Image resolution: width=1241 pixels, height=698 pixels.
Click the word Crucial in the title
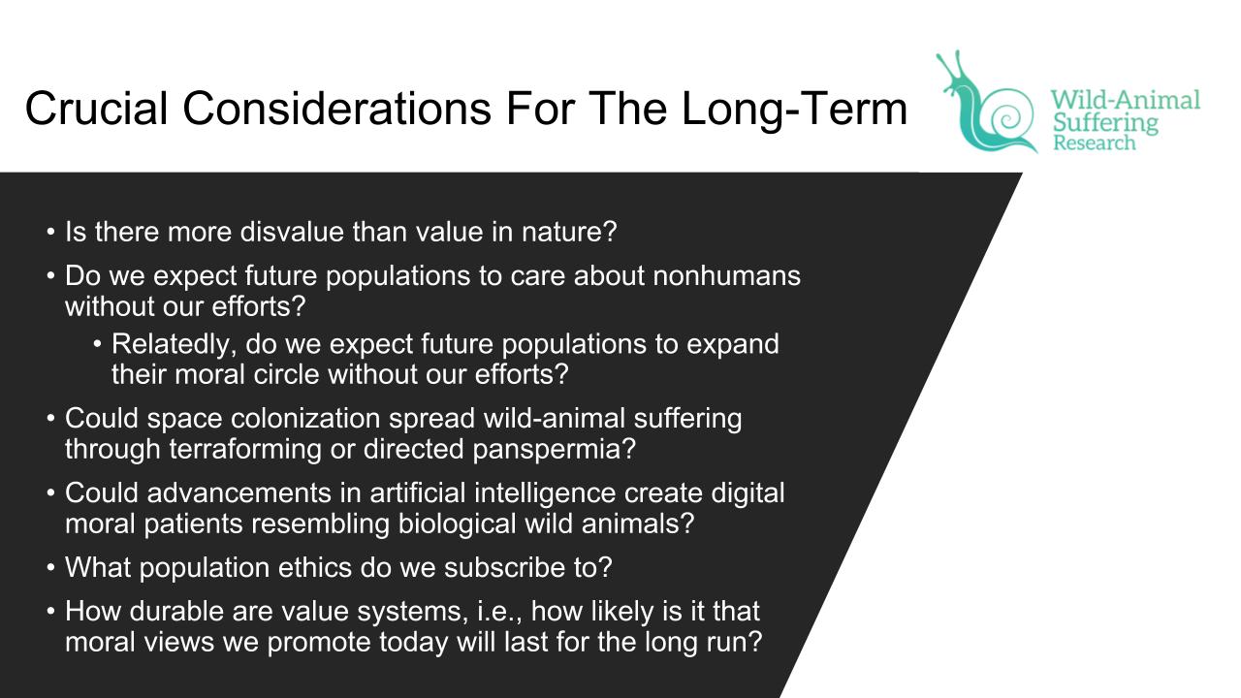(96, 108)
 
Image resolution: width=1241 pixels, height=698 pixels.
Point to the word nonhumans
(726, 275)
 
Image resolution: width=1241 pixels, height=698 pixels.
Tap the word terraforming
(245, 449)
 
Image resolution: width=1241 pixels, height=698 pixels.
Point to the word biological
(457, 524)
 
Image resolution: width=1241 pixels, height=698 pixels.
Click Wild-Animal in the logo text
(1126, 100)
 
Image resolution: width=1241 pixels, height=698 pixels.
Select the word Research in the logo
(1095, 143)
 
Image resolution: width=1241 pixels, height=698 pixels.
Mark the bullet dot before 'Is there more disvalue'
(51, 232)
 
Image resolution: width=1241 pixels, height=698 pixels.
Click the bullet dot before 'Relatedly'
(98, 344)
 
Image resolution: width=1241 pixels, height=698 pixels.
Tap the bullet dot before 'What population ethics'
(51, 568)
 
